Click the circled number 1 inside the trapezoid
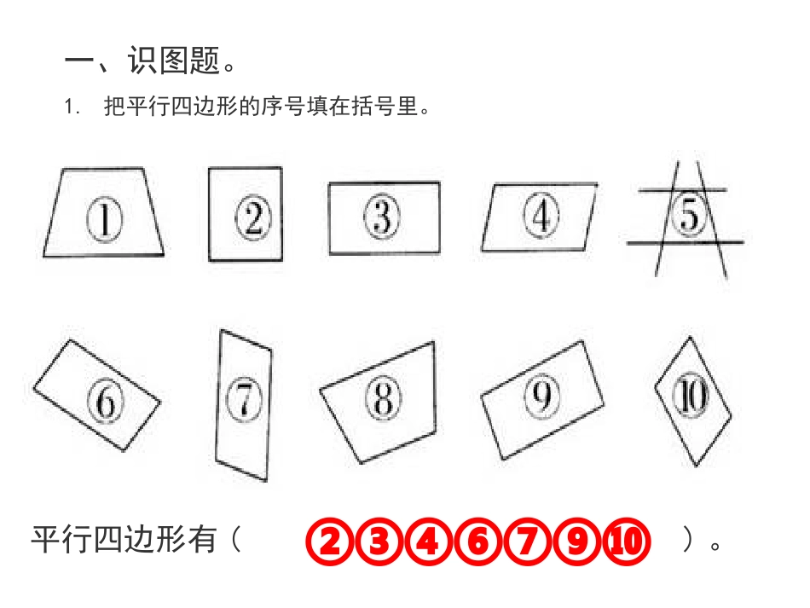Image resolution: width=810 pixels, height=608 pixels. tap(103, 220)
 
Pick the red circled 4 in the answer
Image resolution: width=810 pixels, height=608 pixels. tap(428, 541)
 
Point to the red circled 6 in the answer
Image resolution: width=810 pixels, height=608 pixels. tap(477, 541)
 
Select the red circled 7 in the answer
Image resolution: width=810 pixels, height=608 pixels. tap(527, 541)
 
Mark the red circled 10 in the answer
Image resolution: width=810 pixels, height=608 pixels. tap(626, 541)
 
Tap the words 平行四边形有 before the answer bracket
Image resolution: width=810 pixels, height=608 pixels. tap(124, 540)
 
